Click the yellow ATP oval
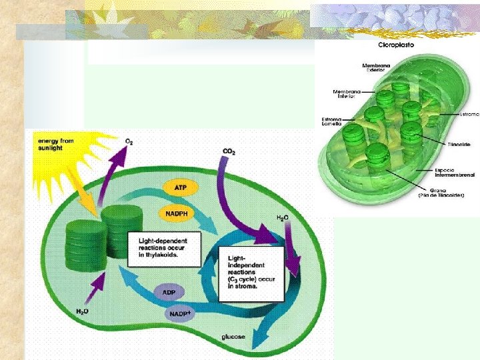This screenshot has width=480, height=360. (x=180, y=188)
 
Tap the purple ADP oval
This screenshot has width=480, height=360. (x=168, y=293)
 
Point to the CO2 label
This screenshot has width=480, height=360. (x=229, y=152)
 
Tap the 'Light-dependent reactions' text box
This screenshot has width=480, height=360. (x=163, y=248)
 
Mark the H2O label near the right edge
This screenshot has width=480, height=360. (x=283, y=218)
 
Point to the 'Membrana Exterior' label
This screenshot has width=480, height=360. (x=376, y=68)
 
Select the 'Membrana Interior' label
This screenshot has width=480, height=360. (x=347, y=94)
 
